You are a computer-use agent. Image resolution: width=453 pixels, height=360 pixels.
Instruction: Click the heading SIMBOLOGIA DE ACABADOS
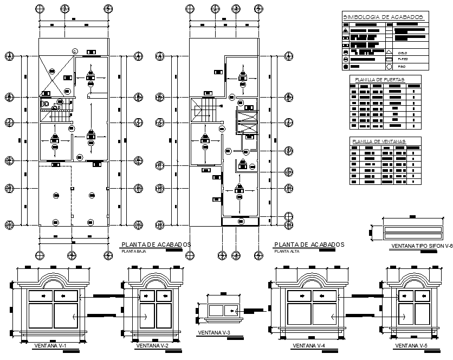tap(383, 18)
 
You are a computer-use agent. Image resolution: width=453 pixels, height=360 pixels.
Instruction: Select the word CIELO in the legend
tap(403, 52)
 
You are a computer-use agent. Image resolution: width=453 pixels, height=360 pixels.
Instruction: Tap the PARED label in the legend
tap(403, 59)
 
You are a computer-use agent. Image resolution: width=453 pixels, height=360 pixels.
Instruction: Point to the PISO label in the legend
tap(402, 66)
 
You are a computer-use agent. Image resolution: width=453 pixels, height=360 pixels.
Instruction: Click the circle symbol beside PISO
tap(389, 66)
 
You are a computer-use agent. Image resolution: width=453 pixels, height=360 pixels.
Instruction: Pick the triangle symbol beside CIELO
tap(389, 52)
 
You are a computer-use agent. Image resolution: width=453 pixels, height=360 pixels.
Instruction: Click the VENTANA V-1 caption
tap(50, 345)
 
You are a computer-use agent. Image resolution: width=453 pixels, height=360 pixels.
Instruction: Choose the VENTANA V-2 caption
tap(152, 345)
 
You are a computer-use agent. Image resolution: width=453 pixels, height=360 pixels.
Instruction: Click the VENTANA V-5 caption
tap(412, 345)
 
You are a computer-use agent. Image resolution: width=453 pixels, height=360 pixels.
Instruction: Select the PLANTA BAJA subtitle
tap(133, 252)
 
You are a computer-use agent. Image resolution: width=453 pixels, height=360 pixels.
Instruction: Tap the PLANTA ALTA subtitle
tap(286, 252)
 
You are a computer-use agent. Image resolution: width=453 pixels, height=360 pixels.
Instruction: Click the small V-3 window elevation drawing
tap(222, 310)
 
